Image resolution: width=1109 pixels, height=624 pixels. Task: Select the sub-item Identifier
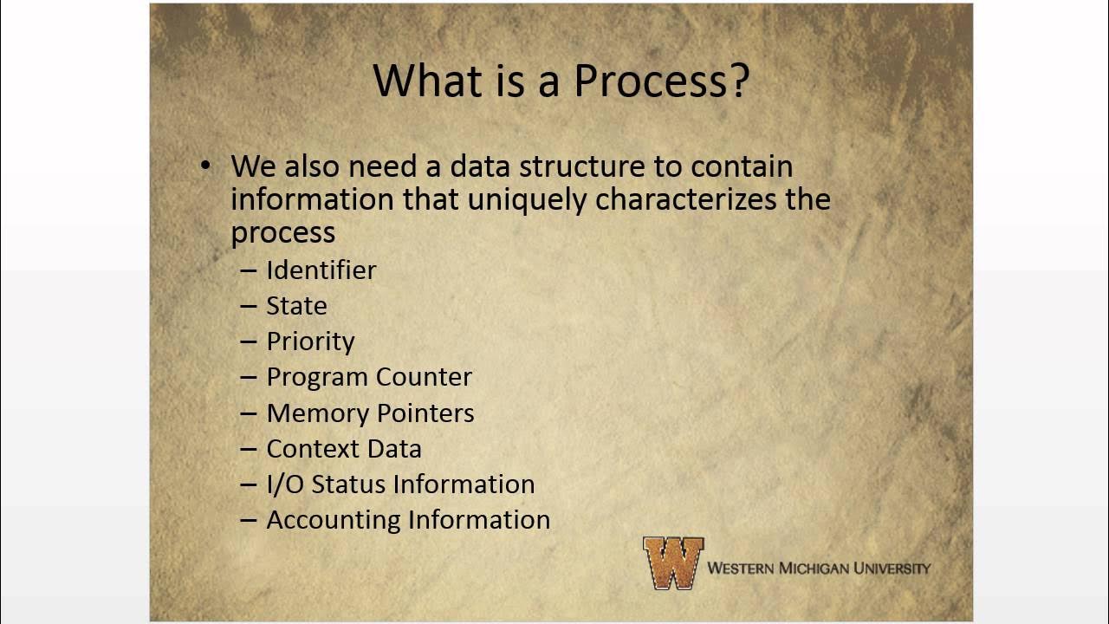click(321, 270)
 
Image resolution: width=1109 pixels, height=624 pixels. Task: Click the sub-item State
click(296, 306)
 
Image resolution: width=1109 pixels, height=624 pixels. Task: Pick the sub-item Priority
click(310, 341)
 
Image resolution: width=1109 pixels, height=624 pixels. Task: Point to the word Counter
click(425, 377)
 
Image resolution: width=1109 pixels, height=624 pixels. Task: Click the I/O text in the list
click(285, 484)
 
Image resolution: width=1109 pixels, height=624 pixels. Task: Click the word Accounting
click(334, 520)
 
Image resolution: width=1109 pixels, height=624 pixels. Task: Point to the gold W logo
click(673, 563)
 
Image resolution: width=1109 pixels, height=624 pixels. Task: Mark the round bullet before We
click(205, 165)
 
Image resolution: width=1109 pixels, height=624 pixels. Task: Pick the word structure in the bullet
click(612, 166)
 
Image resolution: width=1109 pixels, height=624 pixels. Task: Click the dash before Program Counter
click(249, 377)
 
